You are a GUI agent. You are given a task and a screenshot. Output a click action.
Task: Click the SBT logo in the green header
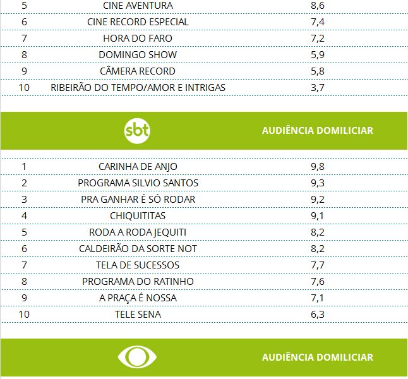pyautogui.click(x=138, y=131)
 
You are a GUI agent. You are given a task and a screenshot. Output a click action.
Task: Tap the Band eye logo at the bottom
pyautogui.click(x=138, y=357)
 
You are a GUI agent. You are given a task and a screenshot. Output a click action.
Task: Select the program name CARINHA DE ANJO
pyautogui.click(x=138, y=166)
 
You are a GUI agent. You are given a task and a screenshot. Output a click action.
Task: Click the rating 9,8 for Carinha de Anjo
pyautogui.click(x=318, y=166)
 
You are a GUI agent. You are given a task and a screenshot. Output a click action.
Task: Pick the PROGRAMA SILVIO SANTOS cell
pyautogui.click(x=138, y=183)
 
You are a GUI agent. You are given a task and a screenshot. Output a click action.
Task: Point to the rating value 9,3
pyautogui.click(x=318, y=183)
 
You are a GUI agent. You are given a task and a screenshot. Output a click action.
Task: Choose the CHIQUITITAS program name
pyautogui.click(x=138, y=215)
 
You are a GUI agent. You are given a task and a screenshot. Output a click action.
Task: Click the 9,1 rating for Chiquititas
pyautogui.click(x=318, y=215)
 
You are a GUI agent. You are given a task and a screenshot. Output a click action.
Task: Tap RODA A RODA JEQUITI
pyautogui.click(x=138, y=232)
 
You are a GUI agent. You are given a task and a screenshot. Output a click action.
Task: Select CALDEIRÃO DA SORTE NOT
pyautogui.click(x=138, y=248)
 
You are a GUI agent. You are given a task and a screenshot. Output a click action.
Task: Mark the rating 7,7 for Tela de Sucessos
pyautogui.click(x=318, y=265)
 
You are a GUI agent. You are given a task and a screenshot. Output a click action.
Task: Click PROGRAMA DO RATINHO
pyautogui.click(x=138, y=281)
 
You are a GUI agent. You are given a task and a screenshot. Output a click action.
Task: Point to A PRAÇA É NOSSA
pyautogui.click(x=138, y=298)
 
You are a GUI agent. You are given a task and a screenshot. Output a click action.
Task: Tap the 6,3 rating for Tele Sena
pyautogui.click(x=318, y=314)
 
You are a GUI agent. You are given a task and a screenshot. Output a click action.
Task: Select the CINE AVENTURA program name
pyautogui.click(x=138, y=5)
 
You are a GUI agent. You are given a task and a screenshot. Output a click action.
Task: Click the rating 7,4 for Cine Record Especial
pyautogui.click(x=318, y=21)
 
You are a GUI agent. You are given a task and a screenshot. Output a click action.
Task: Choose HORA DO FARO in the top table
pyautogui.click(x=138, y=38)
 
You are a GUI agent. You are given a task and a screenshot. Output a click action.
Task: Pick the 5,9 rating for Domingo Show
pyautogui.click(x=318, y=54)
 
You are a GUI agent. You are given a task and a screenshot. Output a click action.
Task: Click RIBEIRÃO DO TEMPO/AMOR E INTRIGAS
pyautogui.click(x=138, y=87)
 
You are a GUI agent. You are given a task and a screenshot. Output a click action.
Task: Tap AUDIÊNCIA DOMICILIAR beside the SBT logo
pyautogui.click(x=318, y=131)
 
